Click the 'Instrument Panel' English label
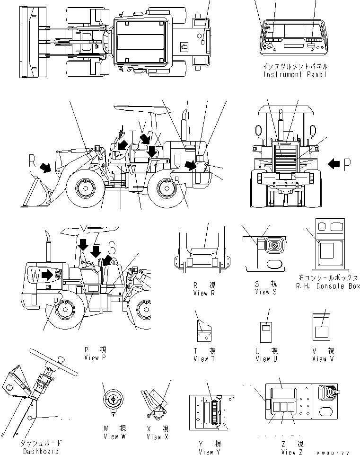pyautogui.click(x=295, y=74)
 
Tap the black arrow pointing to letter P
pyautogui.click(x=334, y=164)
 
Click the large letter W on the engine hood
pyautogui.click(x=35, y=275)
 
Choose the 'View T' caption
pyautogui.click(x=204, y=358)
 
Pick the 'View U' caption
pyautogui.click(x=266, y=358)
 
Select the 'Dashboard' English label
pyautogui.click(x=41, y=451)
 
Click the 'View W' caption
pyautogui.click(x=114, y=436)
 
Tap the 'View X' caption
pyautogui.click(x=158, y=437)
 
